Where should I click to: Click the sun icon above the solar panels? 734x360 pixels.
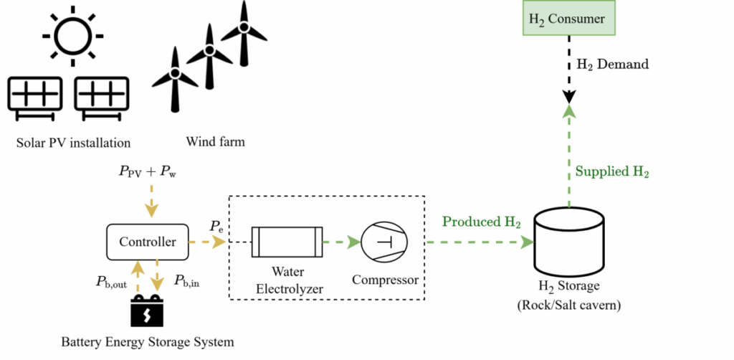pyautogui.click(x=72, y=36)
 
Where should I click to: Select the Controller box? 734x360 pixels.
pyautogui.click(x=148, y=242)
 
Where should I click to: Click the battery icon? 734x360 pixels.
pyautogui.click(x=147, y=311)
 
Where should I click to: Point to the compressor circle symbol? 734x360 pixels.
pyautogui.click(x=384, y=242)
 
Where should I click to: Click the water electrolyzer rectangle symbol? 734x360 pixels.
pyautogui.click(x=287, y=242)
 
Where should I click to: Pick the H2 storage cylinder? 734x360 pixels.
pyautogui.click(x=569, y=242)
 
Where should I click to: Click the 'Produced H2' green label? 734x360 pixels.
pyautogui.click(x=482, y=222)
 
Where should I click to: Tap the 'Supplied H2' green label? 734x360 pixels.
pyautogui.click(x=612, y=172)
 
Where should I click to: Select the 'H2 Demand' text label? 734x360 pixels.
pyautogui.click(x=612, y=64)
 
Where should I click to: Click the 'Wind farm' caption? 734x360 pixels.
pyautogui.click(x=215, y=141)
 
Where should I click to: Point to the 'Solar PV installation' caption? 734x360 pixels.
pyautogui.click(x=74, y=142)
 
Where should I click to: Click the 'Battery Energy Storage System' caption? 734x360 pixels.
pyautogui.click(x=148, y=342)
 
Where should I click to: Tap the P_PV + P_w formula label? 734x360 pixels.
pyautogui.click(x=147, y=172)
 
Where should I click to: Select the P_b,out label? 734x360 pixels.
pyautogui.click(x=111, y=282)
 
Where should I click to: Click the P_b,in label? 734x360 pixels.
pyautogui.click(x=187, y=281)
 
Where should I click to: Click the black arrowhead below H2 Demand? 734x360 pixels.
pyautogui.click(x=569, y=97)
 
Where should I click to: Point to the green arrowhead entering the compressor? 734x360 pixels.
pyautogui.click(x=354, y=242)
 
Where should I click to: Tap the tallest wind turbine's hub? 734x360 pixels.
pyautogui.click(x=244, y=27)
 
